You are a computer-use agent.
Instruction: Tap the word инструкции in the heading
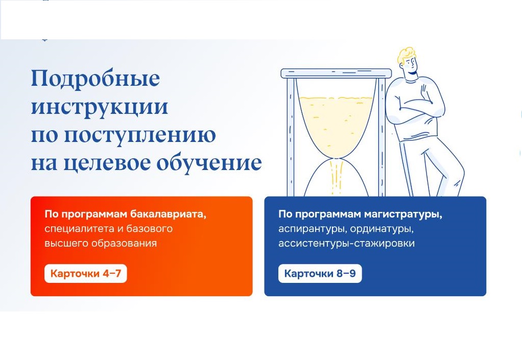(100, 107)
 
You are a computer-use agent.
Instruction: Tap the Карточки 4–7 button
(86, 274)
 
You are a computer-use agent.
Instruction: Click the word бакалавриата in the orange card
(168, 214)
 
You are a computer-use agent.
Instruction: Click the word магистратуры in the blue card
(403, 214)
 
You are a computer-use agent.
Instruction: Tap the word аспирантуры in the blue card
(312, 229)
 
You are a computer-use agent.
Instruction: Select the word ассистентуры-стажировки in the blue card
(347, 243)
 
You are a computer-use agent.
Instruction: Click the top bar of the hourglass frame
(336, 73)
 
